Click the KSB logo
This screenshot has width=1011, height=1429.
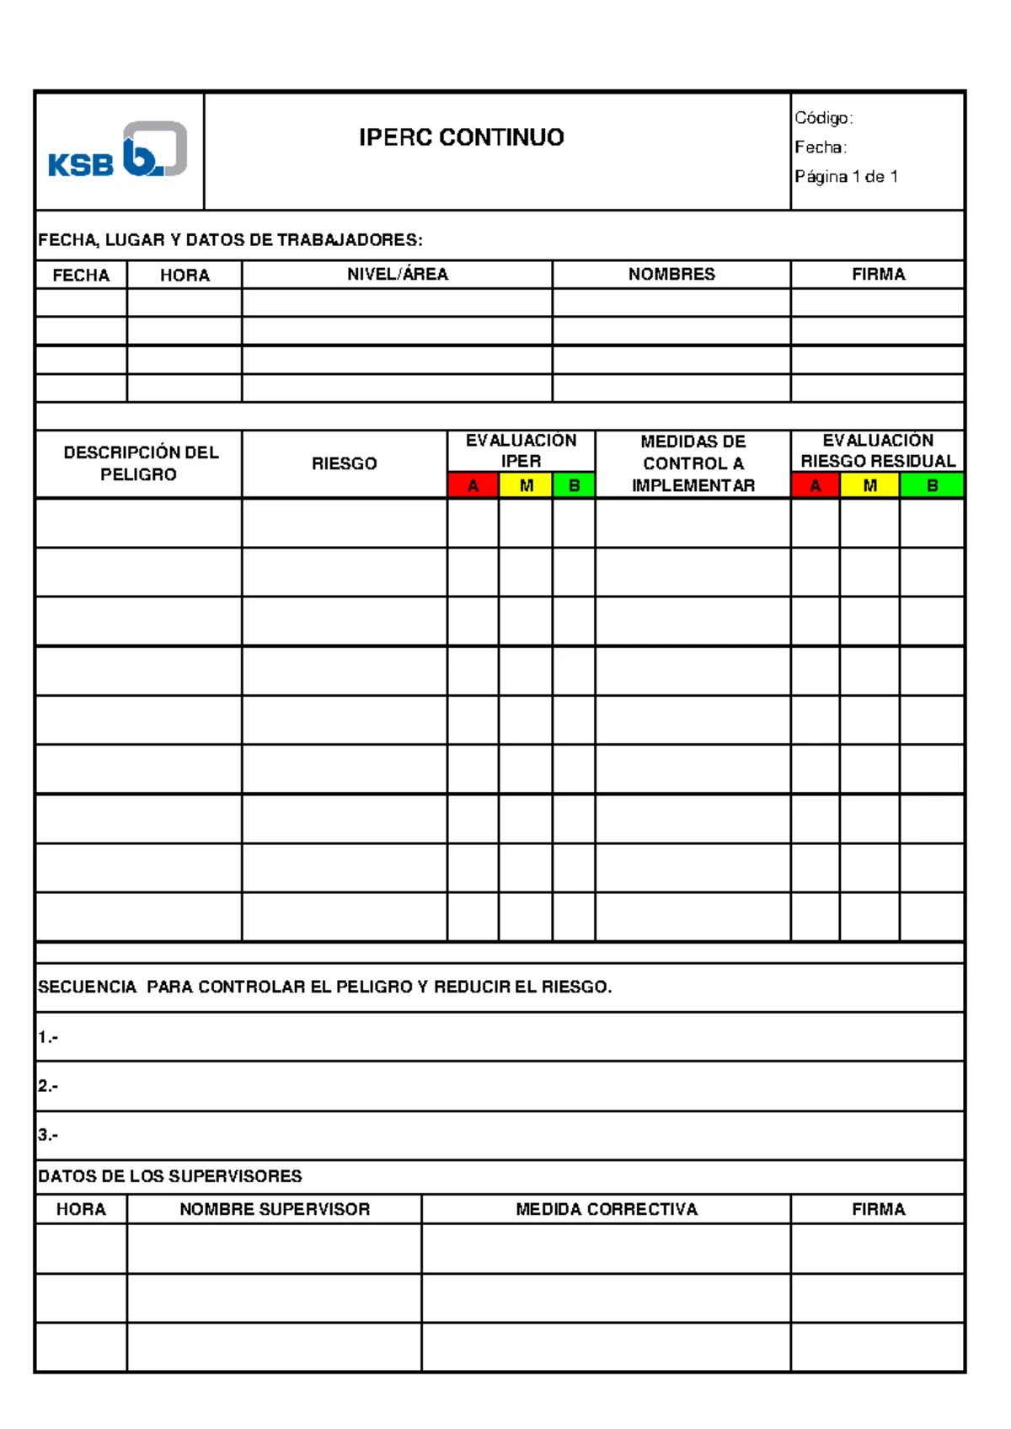click(x=118, y=150)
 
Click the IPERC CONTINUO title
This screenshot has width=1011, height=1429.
click(x=461, y=137)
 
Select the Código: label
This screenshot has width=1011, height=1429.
click(x=823, y=118)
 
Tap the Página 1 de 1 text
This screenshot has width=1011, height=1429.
click(x=845, y=177)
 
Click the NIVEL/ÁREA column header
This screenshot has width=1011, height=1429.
click(x=397, y=275)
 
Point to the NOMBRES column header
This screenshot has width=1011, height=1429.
click(x=671, y=275)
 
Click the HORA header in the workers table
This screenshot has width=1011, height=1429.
click(x=185, y=276)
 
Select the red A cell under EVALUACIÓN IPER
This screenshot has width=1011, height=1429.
click(x=473, y=485)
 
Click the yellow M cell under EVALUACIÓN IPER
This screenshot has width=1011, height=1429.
click(x=526, y=485)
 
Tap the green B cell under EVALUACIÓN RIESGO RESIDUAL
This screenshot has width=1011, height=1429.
click(x=932, y=485)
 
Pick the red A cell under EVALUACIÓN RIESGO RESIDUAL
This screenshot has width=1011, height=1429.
click(x=815, y=485)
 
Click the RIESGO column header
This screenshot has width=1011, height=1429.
click(x=344, y=463)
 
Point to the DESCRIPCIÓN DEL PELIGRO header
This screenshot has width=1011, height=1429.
click(x=139, y=463)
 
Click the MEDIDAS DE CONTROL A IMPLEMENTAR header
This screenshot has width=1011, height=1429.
click(x=693, y=463)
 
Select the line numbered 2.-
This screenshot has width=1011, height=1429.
click(x=48, y=1086)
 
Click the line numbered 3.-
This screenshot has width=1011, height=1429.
click(x=48, y=1135)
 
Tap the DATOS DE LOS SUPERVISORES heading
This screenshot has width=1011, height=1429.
click(x=169, y=1176)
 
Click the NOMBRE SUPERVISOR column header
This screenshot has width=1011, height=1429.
click(x=275, y=1209)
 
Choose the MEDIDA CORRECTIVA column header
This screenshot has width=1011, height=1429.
click(x=606, y=1209)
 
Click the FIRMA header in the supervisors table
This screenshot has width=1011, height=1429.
click(x=878, y=1209)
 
